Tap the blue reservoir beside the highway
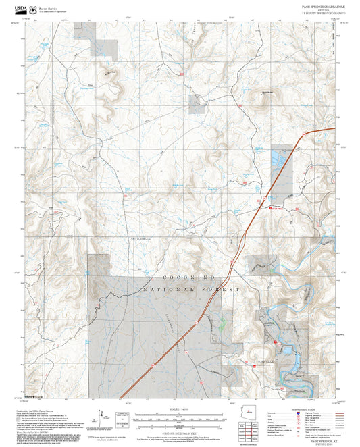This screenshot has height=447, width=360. pos(278,159)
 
